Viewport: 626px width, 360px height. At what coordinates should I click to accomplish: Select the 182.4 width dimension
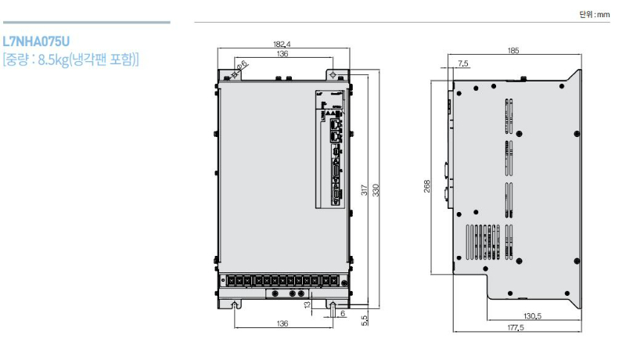tap(283, 45)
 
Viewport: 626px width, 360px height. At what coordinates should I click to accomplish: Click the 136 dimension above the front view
tap(283, 55)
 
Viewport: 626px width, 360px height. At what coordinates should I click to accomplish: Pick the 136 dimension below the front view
tap(283, 322)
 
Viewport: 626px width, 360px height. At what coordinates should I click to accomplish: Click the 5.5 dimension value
tap(365, 319)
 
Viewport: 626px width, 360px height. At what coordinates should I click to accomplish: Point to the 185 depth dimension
tap(513, 51)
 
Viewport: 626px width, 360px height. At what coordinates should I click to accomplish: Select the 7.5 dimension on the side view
tap(463, 63)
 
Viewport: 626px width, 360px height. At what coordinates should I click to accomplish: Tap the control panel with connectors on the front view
tap(333, 149)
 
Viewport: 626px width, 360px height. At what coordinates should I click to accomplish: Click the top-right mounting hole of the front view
tap(334, 75)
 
